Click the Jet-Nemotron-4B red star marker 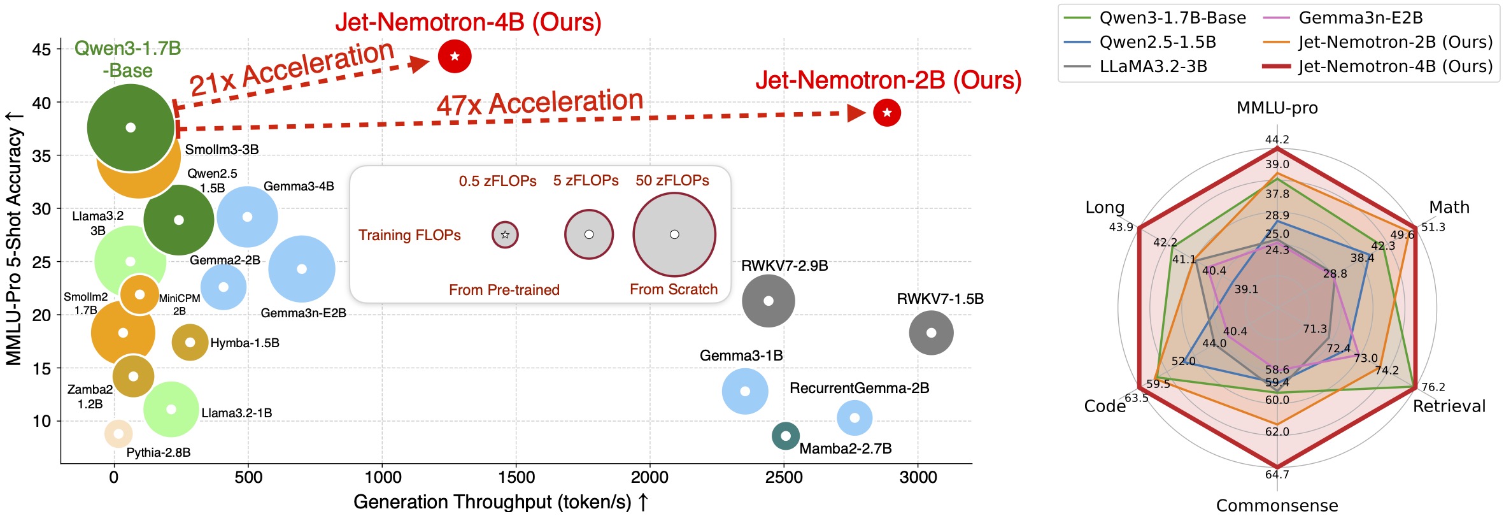455,57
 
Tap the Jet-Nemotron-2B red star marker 887,113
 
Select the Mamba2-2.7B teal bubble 786,436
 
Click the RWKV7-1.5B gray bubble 931,333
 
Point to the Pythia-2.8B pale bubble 118,434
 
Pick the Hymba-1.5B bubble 190,342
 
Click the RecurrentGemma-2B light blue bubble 855,418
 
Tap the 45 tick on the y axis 41,50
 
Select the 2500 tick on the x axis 784,477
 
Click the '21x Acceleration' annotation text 292,68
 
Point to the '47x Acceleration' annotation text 540,103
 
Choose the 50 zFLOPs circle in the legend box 674,234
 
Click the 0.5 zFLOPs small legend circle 505,234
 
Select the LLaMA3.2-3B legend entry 1153,66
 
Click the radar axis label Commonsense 1277,505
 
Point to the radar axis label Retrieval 1449,406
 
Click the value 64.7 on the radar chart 1277,475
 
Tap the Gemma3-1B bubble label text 741,355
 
